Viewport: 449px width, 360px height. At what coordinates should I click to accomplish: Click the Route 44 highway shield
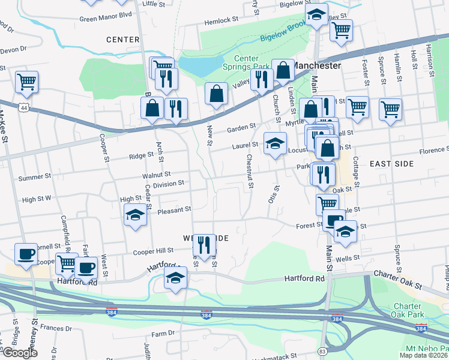coord(23,107)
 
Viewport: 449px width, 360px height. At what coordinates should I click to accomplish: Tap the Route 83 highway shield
coord(322,351)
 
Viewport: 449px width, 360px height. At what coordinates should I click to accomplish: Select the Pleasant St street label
coord(174,211)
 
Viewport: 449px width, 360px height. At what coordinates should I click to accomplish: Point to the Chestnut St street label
coord(250,171)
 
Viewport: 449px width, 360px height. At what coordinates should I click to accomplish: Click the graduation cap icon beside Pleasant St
coord(136,215)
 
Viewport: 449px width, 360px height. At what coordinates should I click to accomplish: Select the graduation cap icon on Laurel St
coord(275,143)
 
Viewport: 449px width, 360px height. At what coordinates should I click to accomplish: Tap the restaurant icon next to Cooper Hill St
coord(204,244)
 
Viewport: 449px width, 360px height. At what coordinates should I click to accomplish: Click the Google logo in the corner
coord(19,353)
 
